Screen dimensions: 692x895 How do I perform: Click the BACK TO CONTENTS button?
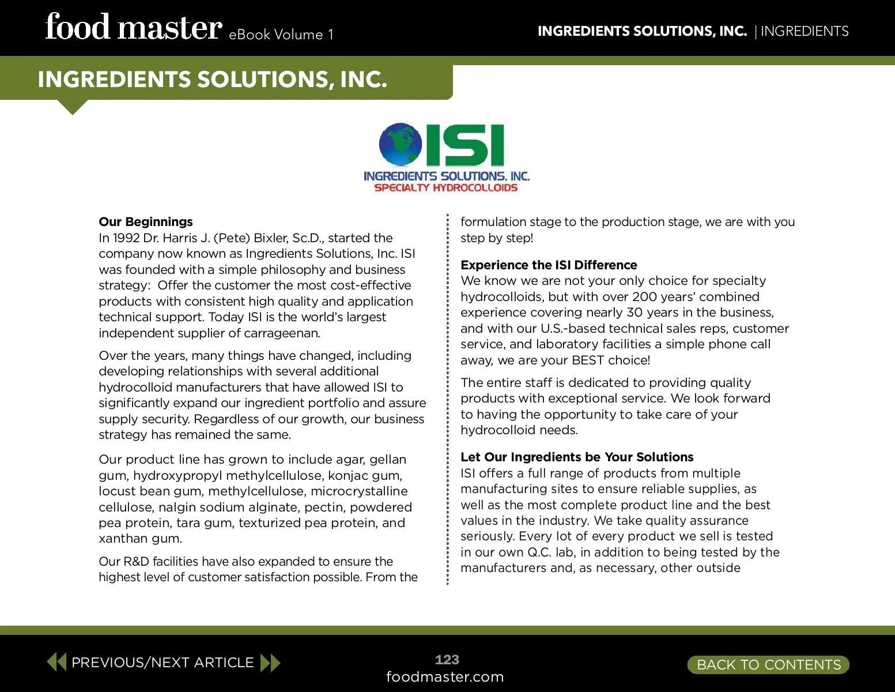(768, 665)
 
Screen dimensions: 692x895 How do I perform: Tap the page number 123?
(447, 660)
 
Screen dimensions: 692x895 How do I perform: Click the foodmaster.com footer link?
(445, 677)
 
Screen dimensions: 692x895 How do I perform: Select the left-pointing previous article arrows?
(56, 662)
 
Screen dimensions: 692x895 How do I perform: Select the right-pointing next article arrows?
(270, 663)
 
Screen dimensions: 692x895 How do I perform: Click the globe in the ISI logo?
(401, 144)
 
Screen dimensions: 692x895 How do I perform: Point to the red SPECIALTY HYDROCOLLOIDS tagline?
(446, 188)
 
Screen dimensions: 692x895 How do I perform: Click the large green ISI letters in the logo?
(466, 145)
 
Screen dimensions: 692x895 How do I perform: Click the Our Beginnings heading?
(146, 222)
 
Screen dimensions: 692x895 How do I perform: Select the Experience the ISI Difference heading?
(549, 265)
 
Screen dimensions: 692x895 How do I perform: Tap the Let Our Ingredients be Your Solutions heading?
(577, 457)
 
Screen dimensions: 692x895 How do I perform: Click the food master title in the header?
(134, 28)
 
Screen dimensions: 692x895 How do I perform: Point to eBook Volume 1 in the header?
(281, 35)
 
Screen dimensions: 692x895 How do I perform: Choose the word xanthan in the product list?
(123, 539)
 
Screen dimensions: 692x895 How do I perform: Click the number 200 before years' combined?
(644, 297)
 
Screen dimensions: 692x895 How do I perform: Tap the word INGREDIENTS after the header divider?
(805, 31)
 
